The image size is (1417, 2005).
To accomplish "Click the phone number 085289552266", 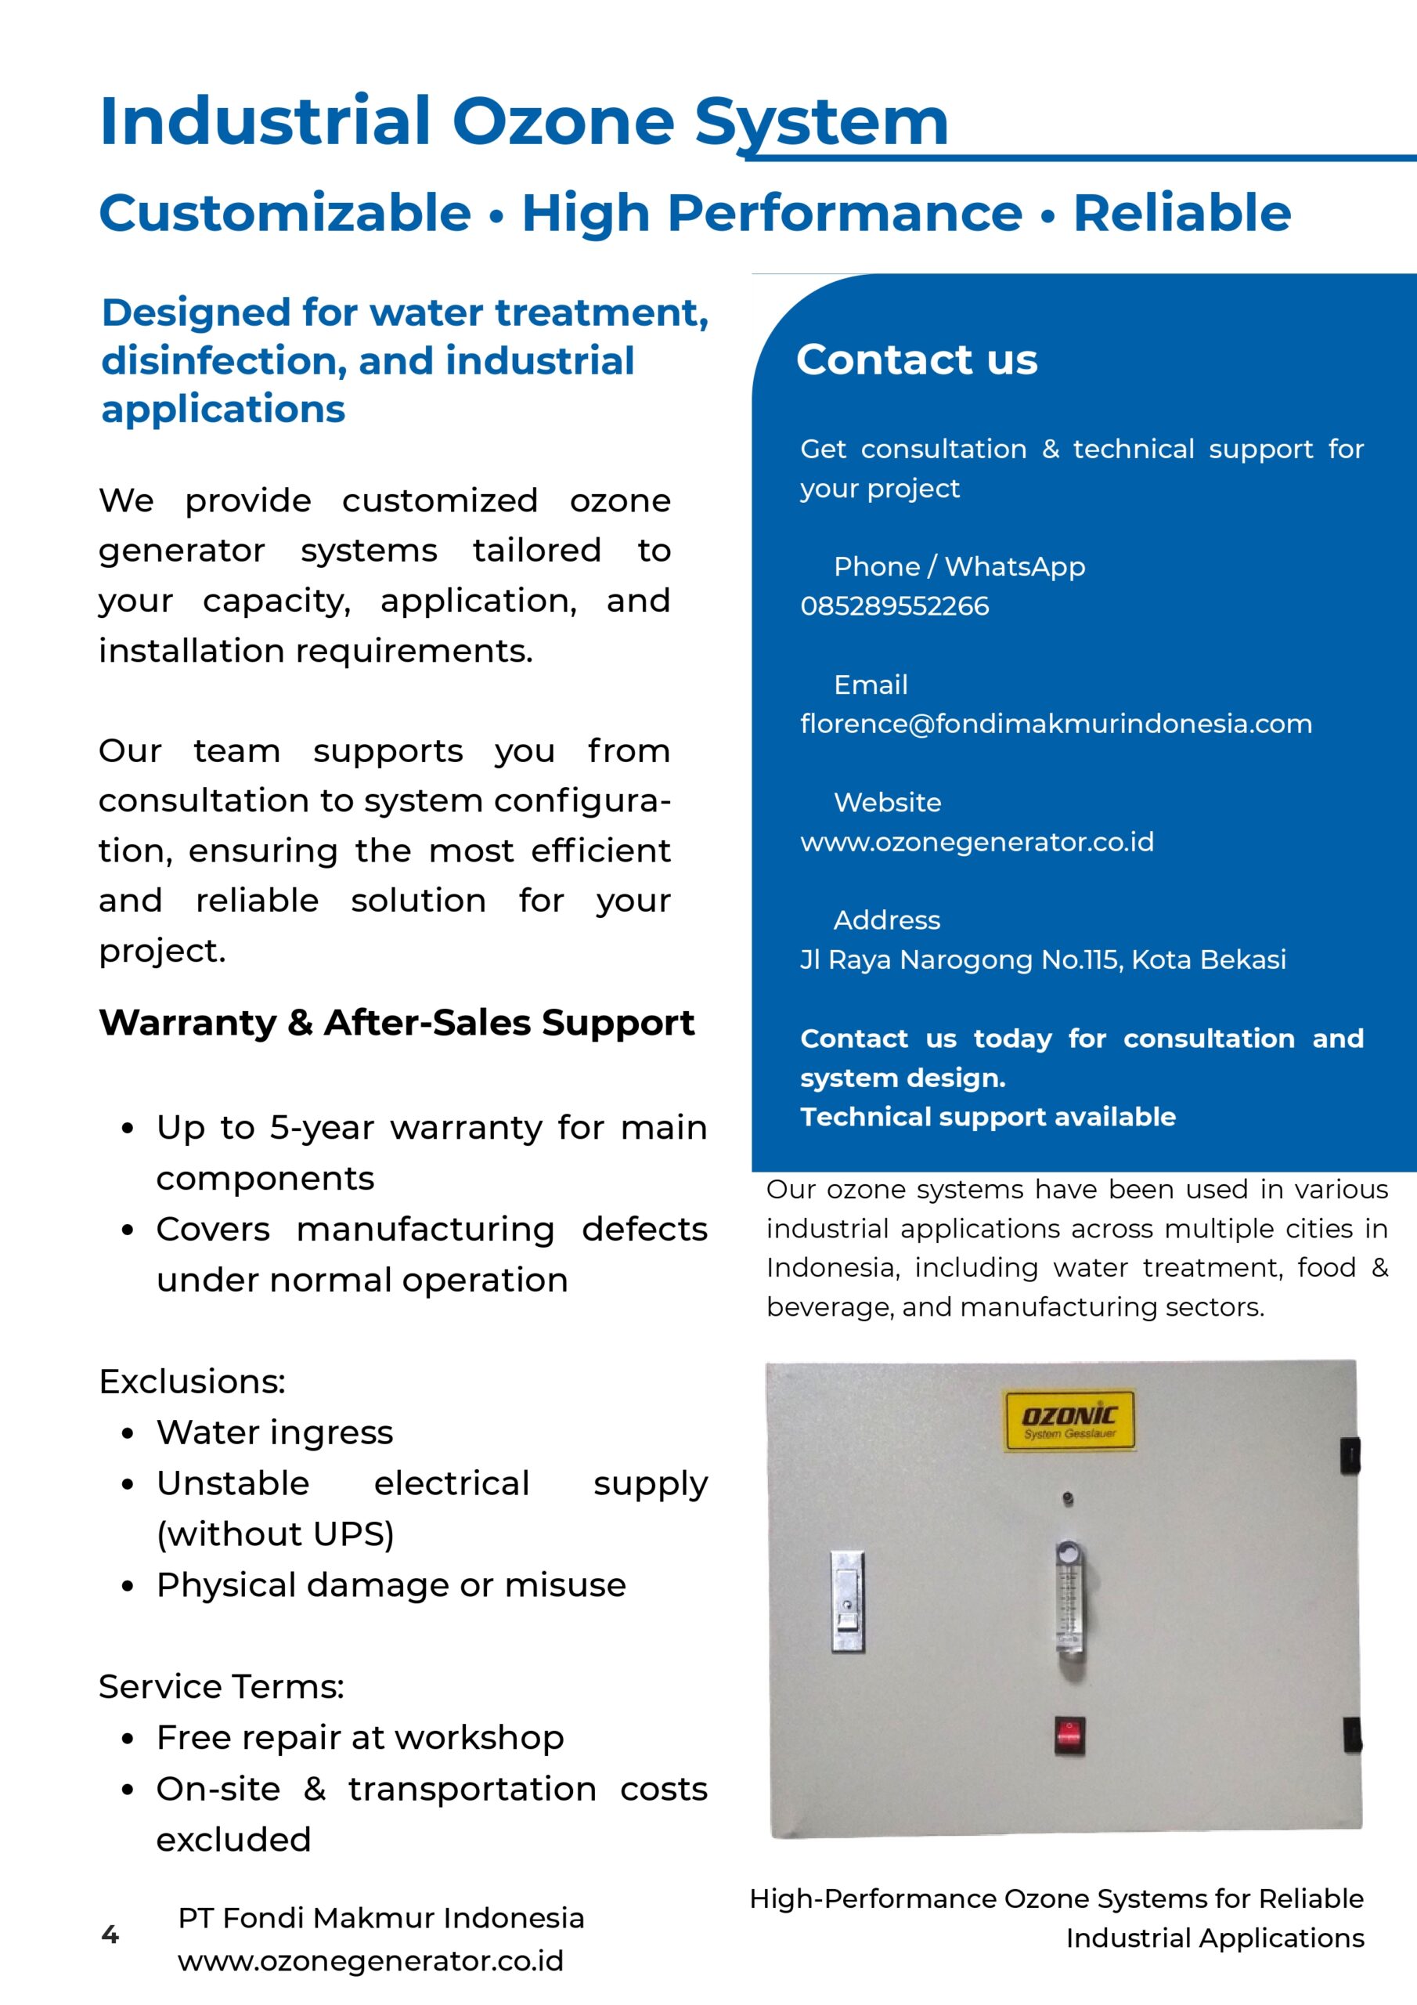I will tap(894, 606).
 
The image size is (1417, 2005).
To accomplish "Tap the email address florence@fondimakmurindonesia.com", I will tap(1055, 724).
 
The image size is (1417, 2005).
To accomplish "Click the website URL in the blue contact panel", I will tap(977, 842).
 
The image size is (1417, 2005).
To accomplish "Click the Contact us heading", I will tap(917, 359).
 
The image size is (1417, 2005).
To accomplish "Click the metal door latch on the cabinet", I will tap(847, 1602).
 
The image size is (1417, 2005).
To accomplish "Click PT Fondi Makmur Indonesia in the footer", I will tap(380, 1918).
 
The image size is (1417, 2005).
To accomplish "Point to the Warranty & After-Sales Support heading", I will tap(396, 1023).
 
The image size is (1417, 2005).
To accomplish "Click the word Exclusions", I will tap(192, 1382).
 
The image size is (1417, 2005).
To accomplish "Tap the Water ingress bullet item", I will tap(274, 1433).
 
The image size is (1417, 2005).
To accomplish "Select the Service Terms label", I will tap(221, 1686).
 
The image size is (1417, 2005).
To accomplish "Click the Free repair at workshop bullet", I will tap(359, 1738).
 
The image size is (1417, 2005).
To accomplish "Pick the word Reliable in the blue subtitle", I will tap(1181, 213).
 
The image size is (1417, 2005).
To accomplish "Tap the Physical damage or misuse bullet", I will tap(391, 1585).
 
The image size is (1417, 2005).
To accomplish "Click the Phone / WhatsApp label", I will tap(959, 567).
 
